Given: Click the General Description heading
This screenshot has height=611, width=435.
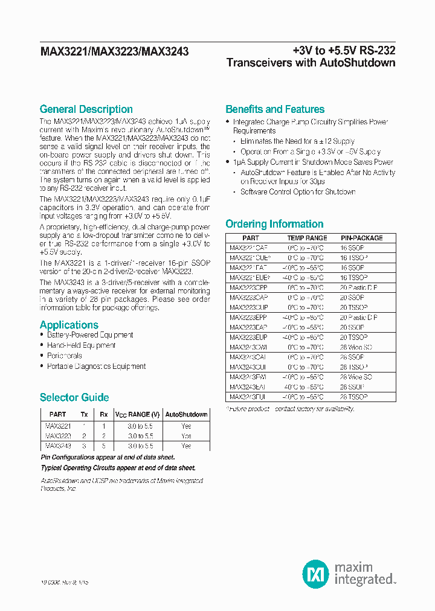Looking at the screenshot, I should coord(86,109).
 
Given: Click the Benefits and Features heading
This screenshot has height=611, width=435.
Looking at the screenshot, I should coord(275,109).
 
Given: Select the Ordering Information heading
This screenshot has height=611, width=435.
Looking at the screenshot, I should coord(274,224).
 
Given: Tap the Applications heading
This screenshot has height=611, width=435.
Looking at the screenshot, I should coord(69,325).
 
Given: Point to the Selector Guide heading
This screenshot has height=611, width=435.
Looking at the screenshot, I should coord(74,397).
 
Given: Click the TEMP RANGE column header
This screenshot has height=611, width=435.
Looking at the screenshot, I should coord(307,238).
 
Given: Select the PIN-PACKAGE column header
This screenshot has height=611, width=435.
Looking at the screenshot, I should coord(361,238).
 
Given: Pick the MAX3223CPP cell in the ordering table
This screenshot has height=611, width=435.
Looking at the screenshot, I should coord(248,288).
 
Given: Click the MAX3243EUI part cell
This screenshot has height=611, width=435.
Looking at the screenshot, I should coord(248,397).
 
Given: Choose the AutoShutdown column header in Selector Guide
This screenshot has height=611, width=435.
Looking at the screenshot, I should coord(187,415).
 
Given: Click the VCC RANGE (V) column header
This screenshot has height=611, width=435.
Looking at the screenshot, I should coord(138,415).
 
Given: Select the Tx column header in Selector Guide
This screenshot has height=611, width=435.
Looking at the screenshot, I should coord(84,415).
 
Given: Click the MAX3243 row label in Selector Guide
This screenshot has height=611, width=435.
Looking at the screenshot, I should coord(58,446).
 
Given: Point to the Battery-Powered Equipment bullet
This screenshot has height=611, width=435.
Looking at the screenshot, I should coord(90,335).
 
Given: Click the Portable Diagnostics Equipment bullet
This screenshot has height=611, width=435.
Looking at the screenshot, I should coord(96,366).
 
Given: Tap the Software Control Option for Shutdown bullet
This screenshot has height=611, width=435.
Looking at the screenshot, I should coord(298,192).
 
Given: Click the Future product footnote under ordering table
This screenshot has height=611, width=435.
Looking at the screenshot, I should coord(290,409).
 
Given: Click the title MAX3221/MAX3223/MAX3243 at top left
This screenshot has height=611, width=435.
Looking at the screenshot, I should coord(114,52).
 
